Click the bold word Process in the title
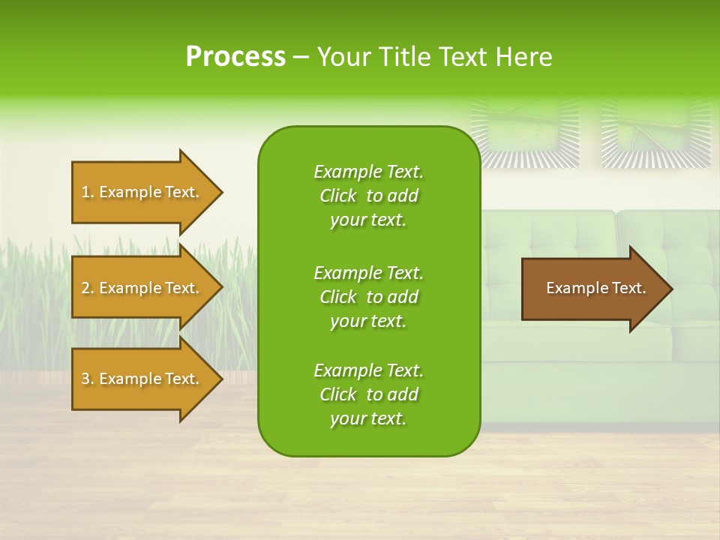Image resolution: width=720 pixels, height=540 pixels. pos(235,57)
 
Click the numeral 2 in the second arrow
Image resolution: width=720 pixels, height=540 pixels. pos(85,288)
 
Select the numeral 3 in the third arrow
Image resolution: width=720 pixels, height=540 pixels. pos(85,379)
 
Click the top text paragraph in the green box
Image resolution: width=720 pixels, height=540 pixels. pos(368,196)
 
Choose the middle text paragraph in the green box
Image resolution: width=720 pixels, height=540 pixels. pos(368,296)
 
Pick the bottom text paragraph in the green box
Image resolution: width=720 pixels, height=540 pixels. pos(368,394)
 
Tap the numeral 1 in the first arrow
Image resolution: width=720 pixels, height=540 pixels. pos(85,192)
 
